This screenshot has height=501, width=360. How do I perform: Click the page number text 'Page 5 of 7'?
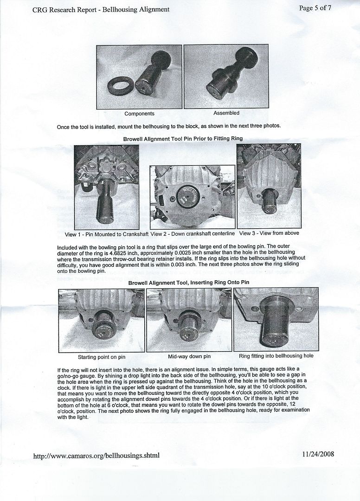315,8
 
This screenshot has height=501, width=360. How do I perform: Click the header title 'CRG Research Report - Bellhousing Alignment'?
101,9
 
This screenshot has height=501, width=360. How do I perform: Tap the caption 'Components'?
139,114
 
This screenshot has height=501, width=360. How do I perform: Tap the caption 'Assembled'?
226,113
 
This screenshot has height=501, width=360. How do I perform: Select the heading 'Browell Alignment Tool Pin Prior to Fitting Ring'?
183,139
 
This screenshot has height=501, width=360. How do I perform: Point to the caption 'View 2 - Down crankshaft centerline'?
193,233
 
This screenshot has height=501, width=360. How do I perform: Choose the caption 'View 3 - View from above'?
269,233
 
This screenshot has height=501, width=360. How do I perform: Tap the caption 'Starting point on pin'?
101,357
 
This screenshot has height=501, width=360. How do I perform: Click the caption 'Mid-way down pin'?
189,357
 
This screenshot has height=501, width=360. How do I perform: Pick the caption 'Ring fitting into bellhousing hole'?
276,356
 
